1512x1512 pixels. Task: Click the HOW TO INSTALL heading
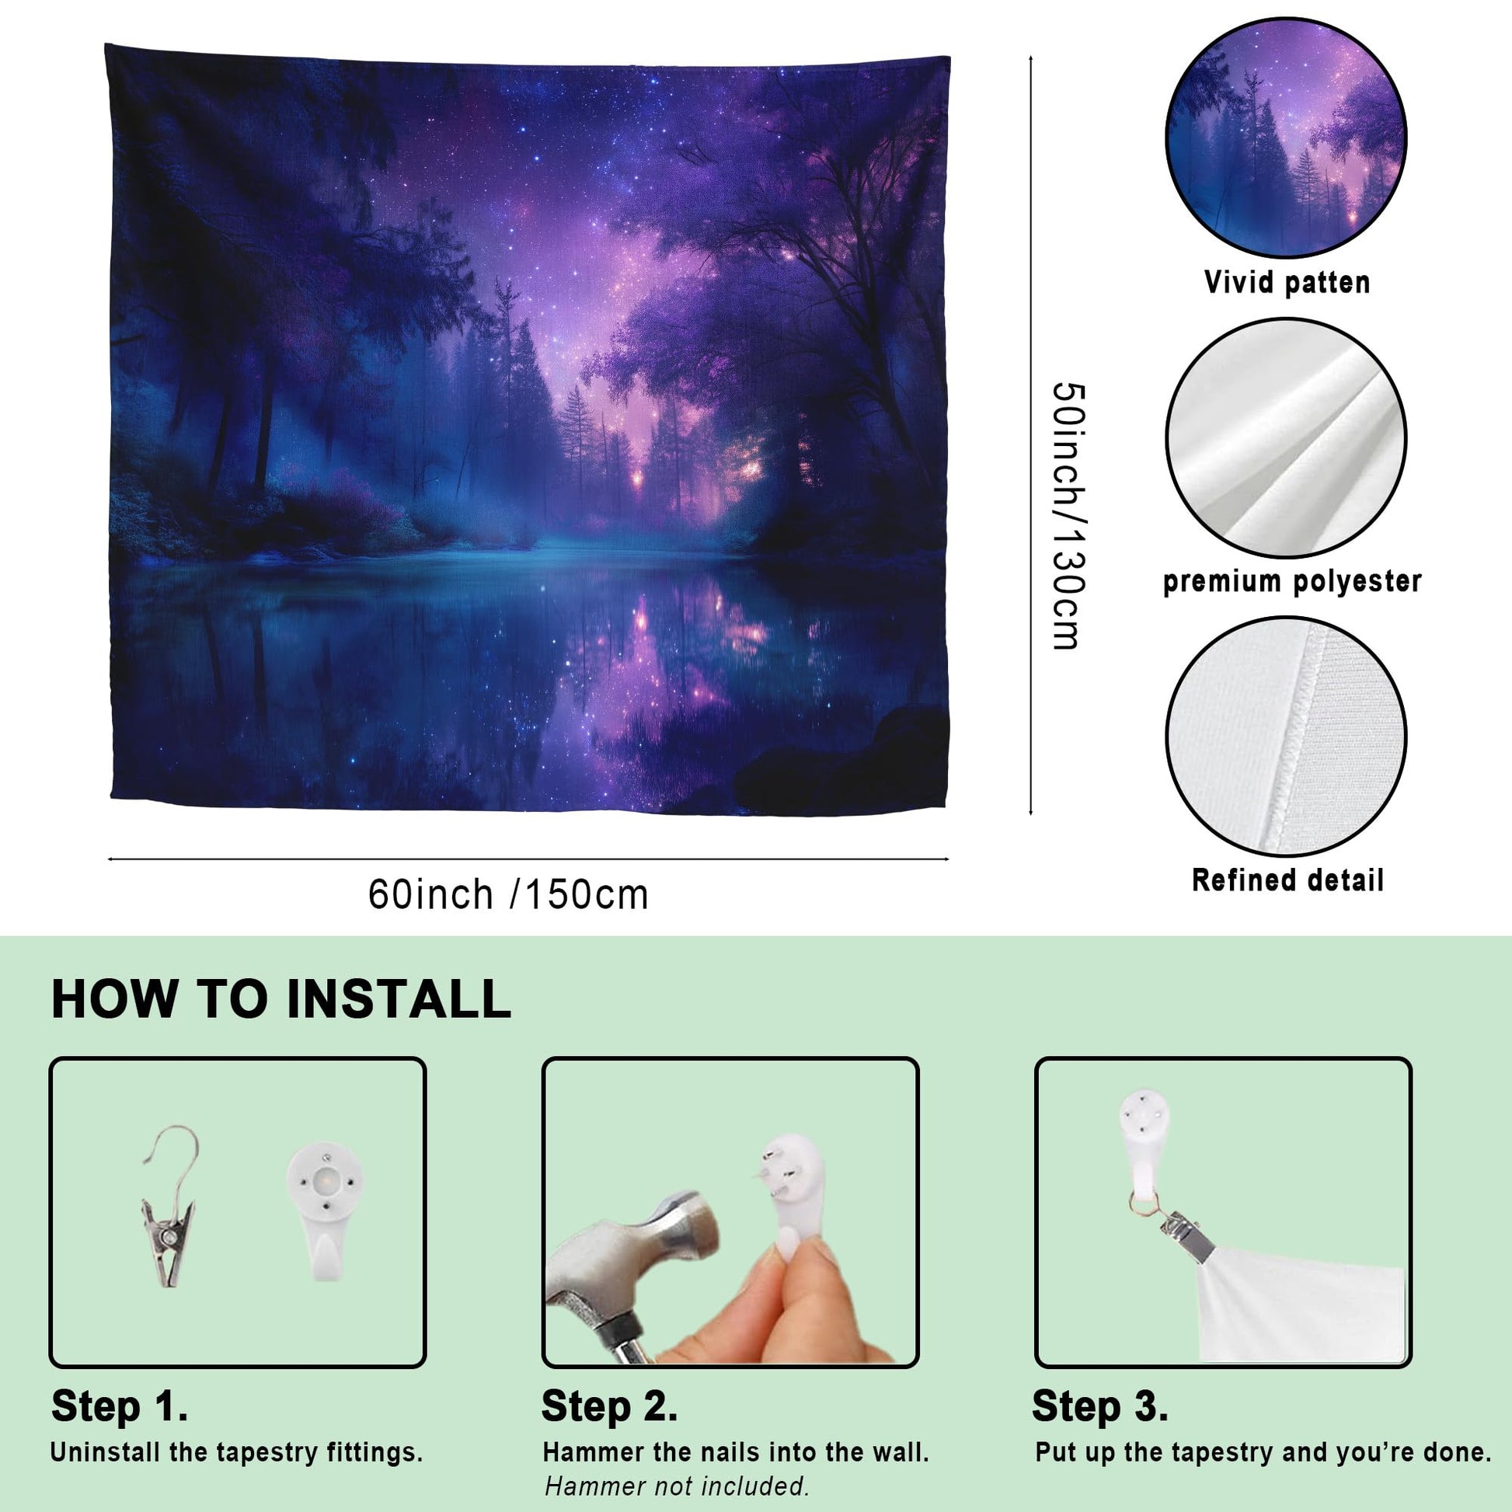pyautogui.click(x=281, y=998)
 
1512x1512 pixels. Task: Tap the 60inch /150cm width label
pyautogui.click(x=509, y=894)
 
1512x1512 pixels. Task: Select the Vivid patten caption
pyautogui.click(x=1287, y=283)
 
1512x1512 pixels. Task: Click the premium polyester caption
pyautogui.click(x=1292, y=581)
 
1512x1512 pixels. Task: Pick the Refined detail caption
pyautogui.click(x=1287, y=880)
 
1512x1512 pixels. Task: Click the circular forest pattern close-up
pyautogui.click(x=1286, y=138)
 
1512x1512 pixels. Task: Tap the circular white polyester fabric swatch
pyautogui.click(x=1286, y=437)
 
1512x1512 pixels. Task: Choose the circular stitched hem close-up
pyautogui.click(x=1286, y=737)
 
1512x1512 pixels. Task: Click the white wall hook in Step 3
pyautogui.click(x=1144, y=1144)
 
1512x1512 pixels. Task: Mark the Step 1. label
pyautogui.click(x=120, y=1406)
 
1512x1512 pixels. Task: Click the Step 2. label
pyautogui.click(x=610, y=1406)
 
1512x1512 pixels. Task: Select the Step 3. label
pyautogui.click(x=1100, y=1406)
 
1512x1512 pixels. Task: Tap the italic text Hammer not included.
pyautogui.click(x=677, y=1486)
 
